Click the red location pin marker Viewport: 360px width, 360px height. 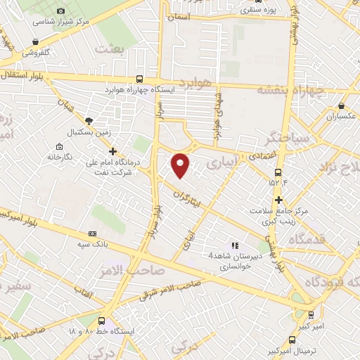pyautogui.click(x=181, y=164)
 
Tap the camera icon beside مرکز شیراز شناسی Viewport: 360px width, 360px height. pyautogui.click(x=60, y=11)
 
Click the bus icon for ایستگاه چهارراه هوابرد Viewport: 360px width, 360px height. pyautogui.click(x=139, y=79)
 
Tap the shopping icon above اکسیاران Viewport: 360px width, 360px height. pyautogui.click(x=342, y=105)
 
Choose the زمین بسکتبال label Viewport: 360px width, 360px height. pyautogui.click(x=84, y=132)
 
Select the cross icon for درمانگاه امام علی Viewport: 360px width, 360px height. pyautogui.click(x=112, y=150)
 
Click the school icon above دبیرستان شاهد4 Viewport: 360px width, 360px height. pyautogui.click(x=235, y=245)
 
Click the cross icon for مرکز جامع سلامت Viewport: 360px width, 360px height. pyautogui.click(x=279, y=200)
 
